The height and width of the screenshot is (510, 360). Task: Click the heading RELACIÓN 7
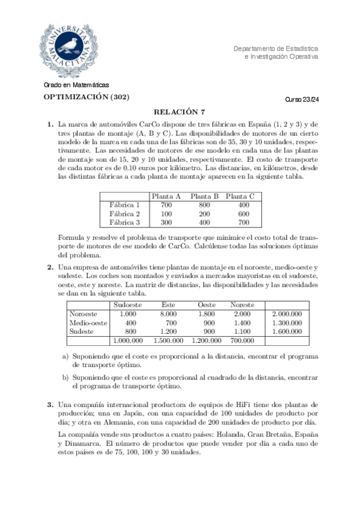click(180, 111)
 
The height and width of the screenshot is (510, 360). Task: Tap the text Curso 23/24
click(302, 100)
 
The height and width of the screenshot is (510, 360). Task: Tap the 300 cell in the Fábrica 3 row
click(166, 223)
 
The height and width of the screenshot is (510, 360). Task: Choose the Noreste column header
click(242, 305)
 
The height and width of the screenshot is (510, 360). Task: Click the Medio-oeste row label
click(88, 323)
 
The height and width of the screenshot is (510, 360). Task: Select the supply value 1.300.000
click(287, 323)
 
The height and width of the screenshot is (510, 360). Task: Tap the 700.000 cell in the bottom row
click(242, 340)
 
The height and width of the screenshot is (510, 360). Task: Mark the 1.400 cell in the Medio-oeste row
click(242, 323)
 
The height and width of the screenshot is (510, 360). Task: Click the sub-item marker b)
click(66, 377)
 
